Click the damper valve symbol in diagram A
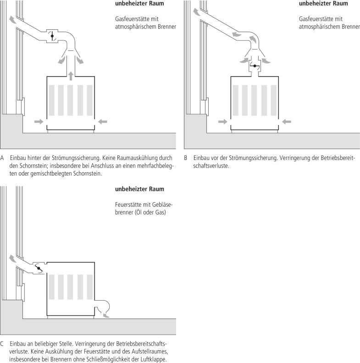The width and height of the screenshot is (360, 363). (52, 36)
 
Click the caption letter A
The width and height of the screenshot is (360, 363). (3, 159)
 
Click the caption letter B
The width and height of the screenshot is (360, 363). (186, 159)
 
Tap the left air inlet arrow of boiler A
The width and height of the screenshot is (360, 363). (39, 121)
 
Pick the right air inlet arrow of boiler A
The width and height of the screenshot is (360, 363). (103, 121)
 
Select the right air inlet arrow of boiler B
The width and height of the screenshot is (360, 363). (287, 121)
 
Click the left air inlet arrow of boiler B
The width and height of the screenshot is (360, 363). (222, 121)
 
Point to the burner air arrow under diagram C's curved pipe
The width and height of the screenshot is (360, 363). (107, 315)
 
